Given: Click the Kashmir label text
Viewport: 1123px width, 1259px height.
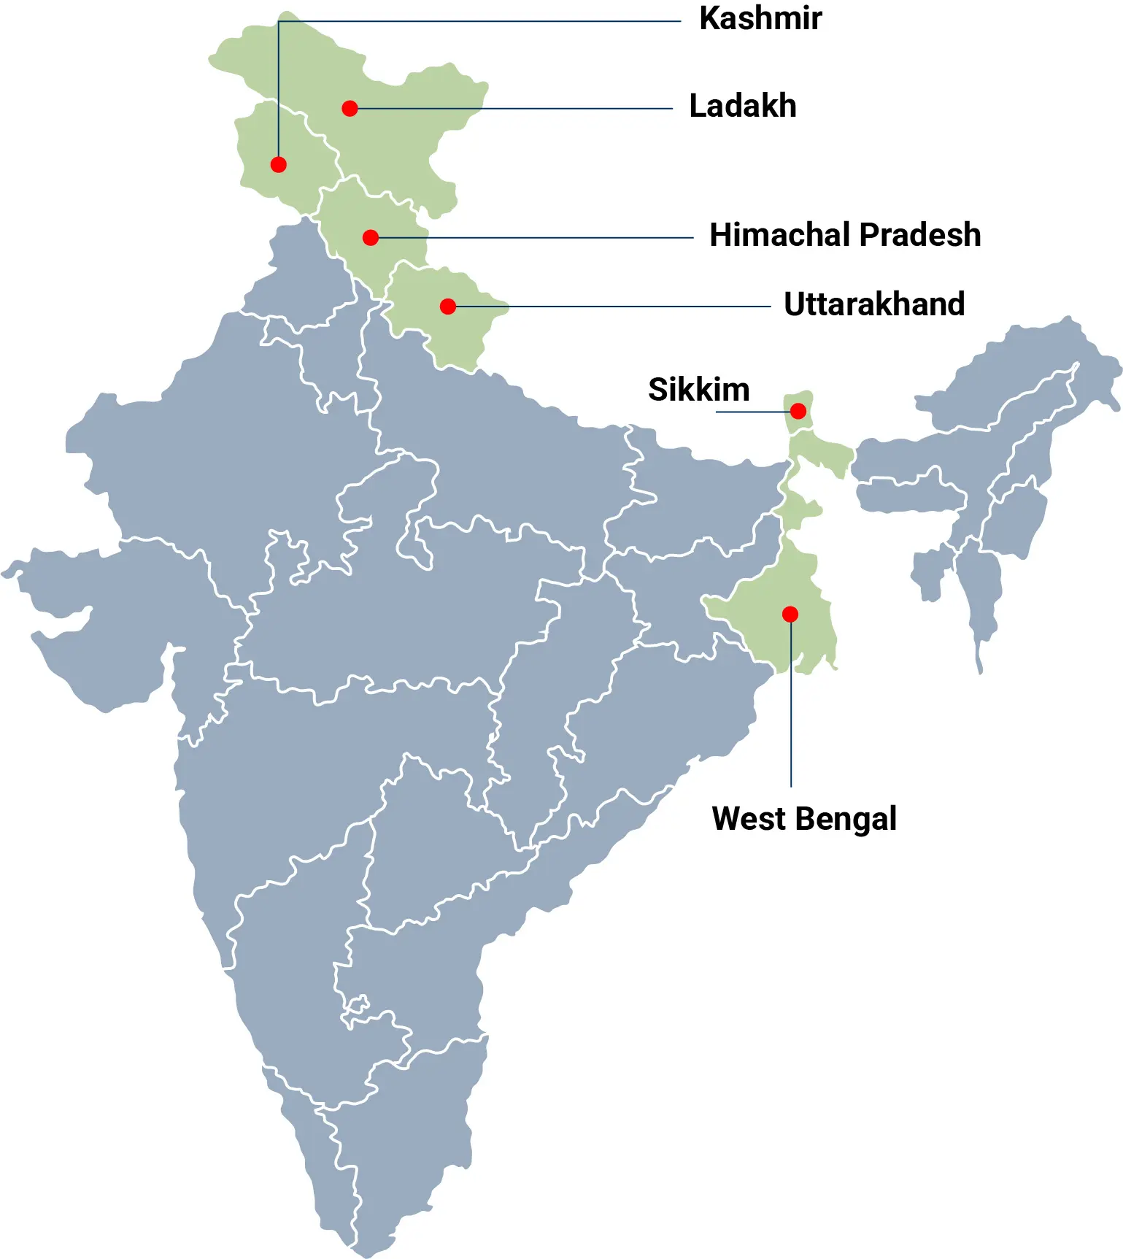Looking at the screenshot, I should pyautogui.click(x=760, y=19).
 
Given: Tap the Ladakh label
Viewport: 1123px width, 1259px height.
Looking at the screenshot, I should pyautogui.click(x=742, y=107).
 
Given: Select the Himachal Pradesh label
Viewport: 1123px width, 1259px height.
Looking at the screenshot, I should pyautogui.click(x=844, y=236).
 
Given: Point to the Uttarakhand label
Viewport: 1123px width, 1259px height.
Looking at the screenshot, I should pyautogui.click(x=873, y=304).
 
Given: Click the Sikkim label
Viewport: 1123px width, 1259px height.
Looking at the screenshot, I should pyautogui.click(x=698, y=390).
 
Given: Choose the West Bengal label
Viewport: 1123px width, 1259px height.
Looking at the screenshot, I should pyautogui.click(x=803, y=819).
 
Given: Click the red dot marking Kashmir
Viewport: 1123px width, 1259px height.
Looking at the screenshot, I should pyautogui.click(x=278, y=165).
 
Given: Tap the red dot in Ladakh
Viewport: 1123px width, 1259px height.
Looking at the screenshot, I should pyautogui.click(x=350, y=109).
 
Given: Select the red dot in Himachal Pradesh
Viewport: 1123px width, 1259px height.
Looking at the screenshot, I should pyautogui.click(x=370, y=238).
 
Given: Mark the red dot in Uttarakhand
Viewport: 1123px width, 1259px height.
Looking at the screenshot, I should pyautogui.click(x=448, y=307).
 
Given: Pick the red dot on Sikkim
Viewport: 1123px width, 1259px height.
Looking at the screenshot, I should pyautogui.click(x=798, y=411).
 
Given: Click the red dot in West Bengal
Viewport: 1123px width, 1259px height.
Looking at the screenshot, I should pyautogui.click(x=790, y=615).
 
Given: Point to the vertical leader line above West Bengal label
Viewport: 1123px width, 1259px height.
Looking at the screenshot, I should pyautogui.click(x=791, y=715).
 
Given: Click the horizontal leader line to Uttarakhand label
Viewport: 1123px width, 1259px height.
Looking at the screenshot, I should pyautogui.click(x=620, y=307).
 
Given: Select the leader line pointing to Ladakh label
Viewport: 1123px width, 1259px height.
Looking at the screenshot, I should pyautogui.click(x=511, y=109).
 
